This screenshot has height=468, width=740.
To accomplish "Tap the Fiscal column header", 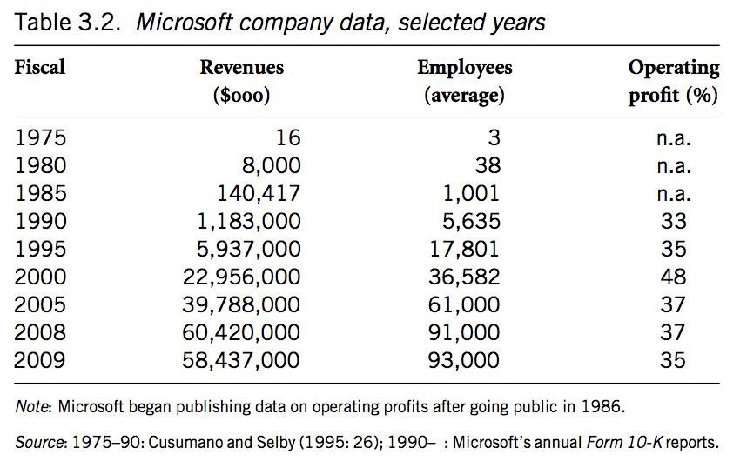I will (x=40, y=67).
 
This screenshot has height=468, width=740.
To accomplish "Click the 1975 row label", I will (x=40, y=137).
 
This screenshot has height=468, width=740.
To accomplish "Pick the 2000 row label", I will (x=40, y=277).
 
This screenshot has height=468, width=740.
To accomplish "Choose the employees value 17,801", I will (x=464, y=249).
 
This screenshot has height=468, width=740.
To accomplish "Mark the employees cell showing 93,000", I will (x=464, y=360).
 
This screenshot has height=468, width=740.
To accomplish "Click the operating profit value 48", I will (x=673, y=277).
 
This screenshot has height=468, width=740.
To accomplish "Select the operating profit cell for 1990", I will (x=673, y=221).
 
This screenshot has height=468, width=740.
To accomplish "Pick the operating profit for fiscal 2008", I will (x=673, y=332).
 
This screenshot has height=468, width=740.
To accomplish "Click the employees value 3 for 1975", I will (x=494, y=137).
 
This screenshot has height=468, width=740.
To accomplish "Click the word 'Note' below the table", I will (x=31, y=406).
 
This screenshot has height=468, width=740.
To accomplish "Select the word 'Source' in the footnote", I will (x=38, y=443).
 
